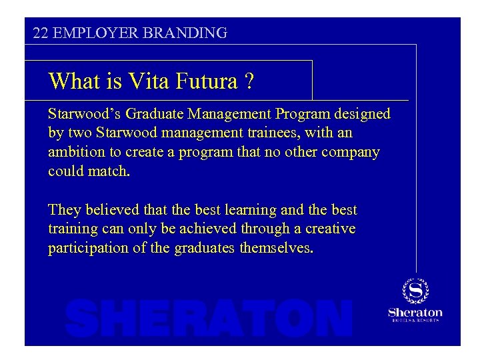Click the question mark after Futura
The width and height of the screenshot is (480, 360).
(249, 81)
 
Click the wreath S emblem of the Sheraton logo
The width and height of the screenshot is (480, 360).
(415, 291)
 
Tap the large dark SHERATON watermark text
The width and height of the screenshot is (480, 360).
(209, 319)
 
